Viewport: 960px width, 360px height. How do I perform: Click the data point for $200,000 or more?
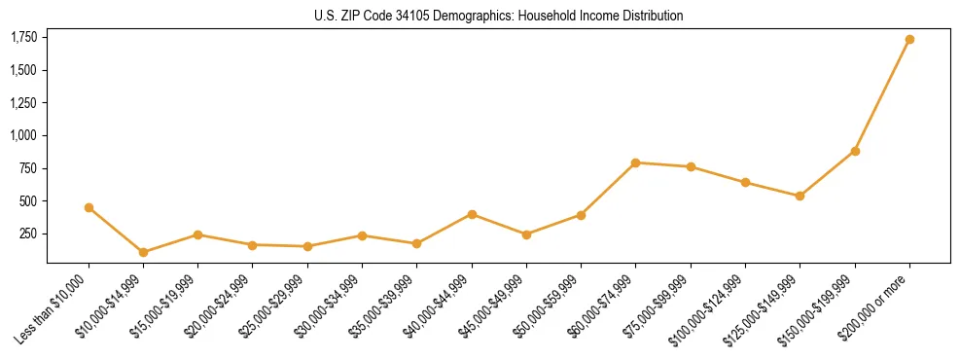point(909,40)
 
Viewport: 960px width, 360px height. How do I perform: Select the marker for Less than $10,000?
point(89,207)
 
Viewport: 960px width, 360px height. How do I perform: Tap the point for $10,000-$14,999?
point(144,252)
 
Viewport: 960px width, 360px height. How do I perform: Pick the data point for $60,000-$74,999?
point(635,162)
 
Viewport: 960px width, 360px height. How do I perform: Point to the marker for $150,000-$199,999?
point(855,151)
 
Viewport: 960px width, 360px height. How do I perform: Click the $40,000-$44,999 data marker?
point(472,214)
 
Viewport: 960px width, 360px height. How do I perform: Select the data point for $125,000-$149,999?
point(800,196)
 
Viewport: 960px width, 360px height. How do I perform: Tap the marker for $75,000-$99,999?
point(691,166)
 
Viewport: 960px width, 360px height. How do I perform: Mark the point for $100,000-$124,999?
point(745,182)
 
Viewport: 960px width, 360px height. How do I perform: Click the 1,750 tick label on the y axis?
point(23,37)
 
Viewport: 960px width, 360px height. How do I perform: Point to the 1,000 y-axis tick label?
point(23,135)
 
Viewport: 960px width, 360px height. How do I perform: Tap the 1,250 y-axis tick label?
point(23,102)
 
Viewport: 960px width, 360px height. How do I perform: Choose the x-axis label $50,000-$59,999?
point(548,306)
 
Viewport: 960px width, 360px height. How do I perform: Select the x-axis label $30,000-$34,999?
point(329,306)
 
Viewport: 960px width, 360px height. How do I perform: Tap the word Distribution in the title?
point(652,17)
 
